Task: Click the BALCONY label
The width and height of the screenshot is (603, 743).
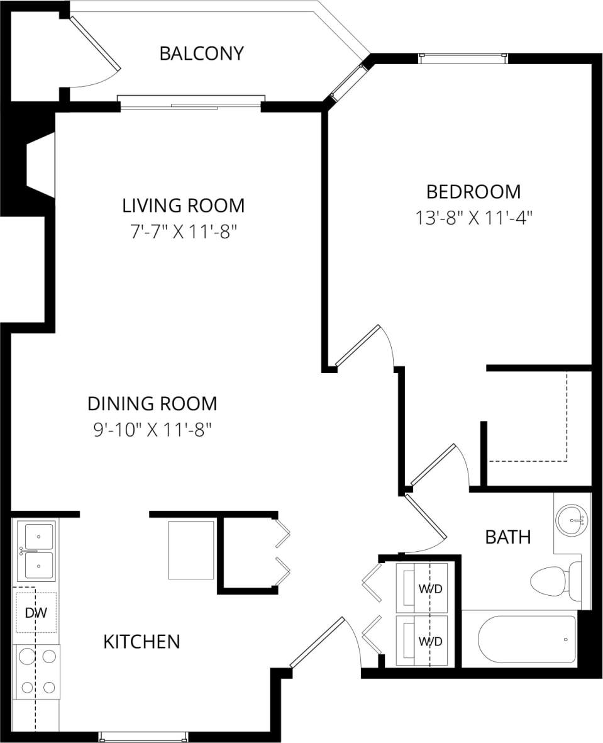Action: [201, 53]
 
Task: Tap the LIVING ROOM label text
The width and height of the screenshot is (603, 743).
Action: [183, 205]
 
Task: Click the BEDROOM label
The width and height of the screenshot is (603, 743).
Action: [473, 191]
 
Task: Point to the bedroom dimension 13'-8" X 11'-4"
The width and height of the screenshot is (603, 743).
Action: [473, 218]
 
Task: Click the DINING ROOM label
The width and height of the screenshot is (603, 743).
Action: [152, 403]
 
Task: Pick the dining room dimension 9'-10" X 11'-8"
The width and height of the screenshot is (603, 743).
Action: [152, 430]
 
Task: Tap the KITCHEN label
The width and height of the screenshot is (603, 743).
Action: [141, 642]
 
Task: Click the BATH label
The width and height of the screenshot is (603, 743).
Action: [508, 537]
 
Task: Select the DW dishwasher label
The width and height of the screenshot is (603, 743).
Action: [36, 612]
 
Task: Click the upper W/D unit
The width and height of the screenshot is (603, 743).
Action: [422, 588]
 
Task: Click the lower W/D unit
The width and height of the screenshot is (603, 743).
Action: [422, 640]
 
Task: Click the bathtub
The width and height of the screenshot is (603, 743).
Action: [527, 639]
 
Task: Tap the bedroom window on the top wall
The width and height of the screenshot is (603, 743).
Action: [463, 58]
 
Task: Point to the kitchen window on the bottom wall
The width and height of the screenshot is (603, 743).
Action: [143, 737]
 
